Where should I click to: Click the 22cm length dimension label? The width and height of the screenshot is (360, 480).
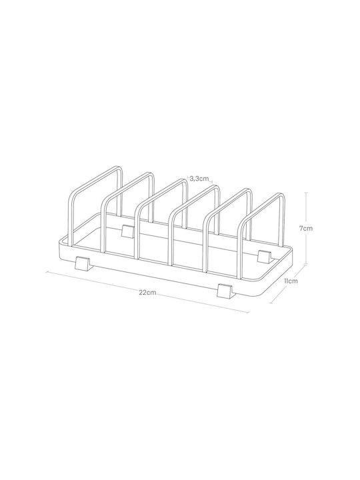[147, 293]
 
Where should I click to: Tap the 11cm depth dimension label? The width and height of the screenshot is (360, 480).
[291, 281]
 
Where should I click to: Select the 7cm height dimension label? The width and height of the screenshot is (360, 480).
[306, 228]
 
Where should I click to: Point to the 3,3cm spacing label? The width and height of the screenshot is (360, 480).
[199, 179]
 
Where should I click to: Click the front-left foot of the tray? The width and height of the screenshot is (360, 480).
[82, 263]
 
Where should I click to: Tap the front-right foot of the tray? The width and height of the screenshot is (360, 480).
[225, 291]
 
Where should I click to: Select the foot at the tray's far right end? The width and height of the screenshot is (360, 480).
[265, 257]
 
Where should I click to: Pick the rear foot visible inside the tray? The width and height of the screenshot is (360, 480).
[127, 231]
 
